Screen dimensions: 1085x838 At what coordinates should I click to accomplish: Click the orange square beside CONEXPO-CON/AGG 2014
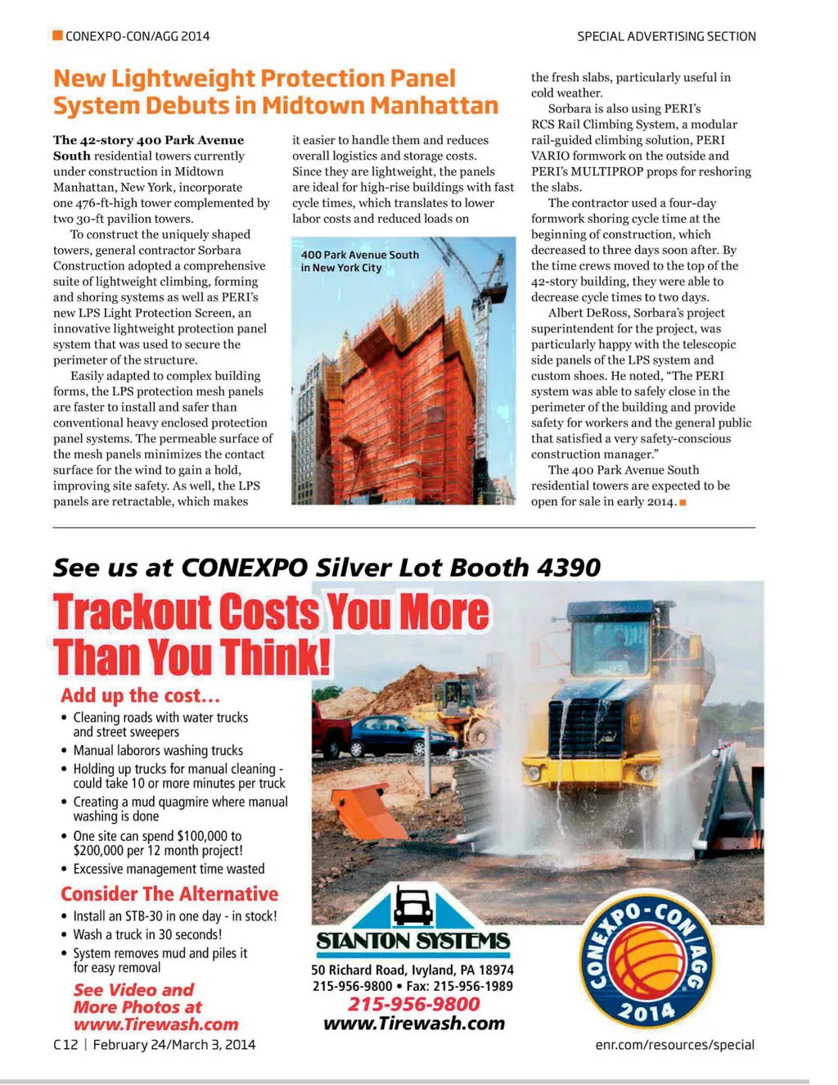pos(58,35)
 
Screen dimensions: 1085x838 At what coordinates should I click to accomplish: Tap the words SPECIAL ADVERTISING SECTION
pos(666,36)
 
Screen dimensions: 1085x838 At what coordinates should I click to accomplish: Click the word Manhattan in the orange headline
pos(434,106)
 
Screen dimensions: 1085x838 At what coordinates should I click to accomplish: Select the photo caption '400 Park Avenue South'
pos(360,255)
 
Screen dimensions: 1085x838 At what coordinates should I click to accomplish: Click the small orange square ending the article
pos(683,502)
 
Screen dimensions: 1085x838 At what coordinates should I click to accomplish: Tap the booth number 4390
pos(569,567)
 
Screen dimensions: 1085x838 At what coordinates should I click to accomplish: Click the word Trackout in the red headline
pos(133,614)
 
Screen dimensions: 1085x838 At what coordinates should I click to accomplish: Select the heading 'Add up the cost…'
pos(140,695)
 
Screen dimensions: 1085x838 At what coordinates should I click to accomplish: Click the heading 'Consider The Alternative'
pos(169,893)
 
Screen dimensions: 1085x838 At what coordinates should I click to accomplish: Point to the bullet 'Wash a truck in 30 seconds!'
pos(147,934)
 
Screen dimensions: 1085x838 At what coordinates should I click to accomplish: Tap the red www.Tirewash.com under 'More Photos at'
pos(155,1024)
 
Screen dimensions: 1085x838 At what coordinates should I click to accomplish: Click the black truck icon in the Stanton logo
pos(412,906)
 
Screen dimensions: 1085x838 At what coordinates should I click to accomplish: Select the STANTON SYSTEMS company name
pos(413,942)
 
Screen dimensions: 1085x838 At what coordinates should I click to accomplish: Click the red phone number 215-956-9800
pos(414,1004)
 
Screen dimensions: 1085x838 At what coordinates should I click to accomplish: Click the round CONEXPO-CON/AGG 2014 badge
pos(647,957)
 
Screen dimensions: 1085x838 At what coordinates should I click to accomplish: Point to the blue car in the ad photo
pos(401,735)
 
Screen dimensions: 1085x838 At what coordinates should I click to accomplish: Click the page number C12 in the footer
pos(65,1044)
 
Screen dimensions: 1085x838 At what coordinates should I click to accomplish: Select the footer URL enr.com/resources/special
pos(674,1044)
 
